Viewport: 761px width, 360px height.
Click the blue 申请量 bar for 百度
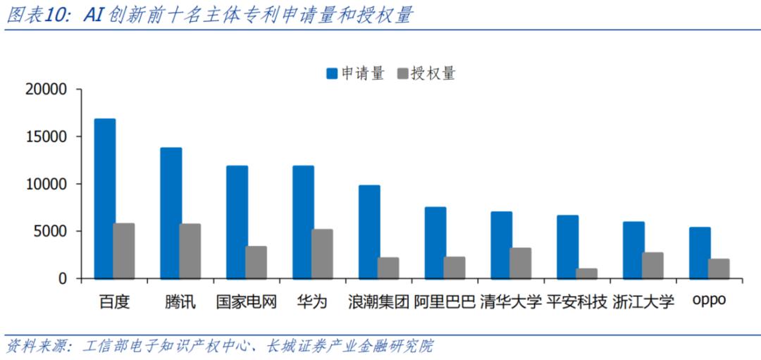[x=105, y=199]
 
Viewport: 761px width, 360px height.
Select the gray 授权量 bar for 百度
[x=124, y=251]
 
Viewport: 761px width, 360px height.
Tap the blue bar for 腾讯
[x=171, y=213]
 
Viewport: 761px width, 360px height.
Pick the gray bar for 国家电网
[x=256, y=262]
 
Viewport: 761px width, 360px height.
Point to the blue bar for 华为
[x=303, y=222]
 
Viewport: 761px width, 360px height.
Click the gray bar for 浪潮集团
[x=388, y=268]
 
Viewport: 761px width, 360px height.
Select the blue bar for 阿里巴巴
[x=435, y=242]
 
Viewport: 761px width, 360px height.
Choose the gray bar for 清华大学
[x=520, y=263]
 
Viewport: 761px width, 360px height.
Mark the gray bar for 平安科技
[x=586, y=273]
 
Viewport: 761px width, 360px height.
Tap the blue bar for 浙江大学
[x=633, y=250]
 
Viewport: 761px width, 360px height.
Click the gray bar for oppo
[x=719, y=268]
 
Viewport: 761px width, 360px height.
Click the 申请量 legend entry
[x=355, y=73]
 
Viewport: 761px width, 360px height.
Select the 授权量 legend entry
[x=427, y=73]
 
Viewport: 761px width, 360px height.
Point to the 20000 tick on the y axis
[x=45, y=89]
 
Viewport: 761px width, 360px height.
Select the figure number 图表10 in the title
[x=36, y=15]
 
